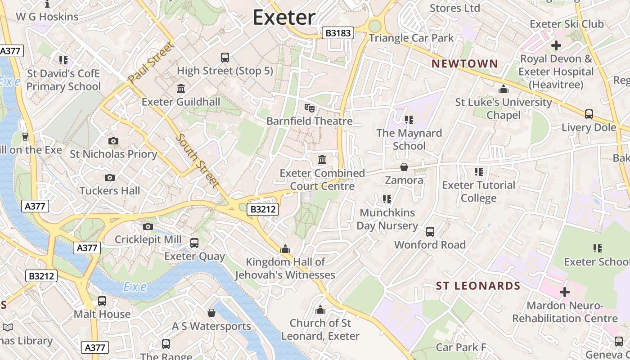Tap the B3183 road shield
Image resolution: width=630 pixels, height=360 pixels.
click(x=338, y=33)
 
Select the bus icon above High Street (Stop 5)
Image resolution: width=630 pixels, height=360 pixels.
click(x=225, y=58)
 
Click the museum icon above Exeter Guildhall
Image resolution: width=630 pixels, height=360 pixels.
click(x=181, y=88)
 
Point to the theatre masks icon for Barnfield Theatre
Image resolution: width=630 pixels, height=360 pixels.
click(x=309, y=108)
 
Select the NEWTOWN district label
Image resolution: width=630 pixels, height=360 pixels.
click(x=465, y=64)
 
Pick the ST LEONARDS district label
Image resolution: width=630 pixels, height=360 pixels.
click(x=478, y=286)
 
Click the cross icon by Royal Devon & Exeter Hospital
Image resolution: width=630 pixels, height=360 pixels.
click(x=556, y=45)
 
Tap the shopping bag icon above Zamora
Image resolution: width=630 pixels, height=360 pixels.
click(x=404, y=167)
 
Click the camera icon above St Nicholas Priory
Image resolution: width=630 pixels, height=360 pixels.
click(x=113, y=141)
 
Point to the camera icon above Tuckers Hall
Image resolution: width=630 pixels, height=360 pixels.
click(x=109, y=178)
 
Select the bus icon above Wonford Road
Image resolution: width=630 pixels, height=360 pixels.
click(x=430, y=232)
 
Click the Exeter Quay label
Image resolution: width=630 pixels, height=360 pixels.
click(x=194, y=256)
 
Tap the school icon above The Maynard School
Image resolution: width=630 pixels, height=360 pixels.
click(x=409, y=120)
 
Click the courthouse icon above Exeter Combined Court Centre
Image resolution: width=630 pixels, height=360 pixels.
click(x=322, y=160)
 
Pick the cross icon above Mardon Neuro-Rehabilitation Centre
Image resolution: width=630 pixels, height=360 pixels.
click(x=564, y=292)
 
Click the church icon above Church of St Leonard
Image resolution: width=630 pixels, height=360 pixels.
click(x=320, y=310)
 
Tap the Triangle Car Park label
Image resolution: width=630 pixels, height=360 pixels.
click(x=411, y=38)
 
